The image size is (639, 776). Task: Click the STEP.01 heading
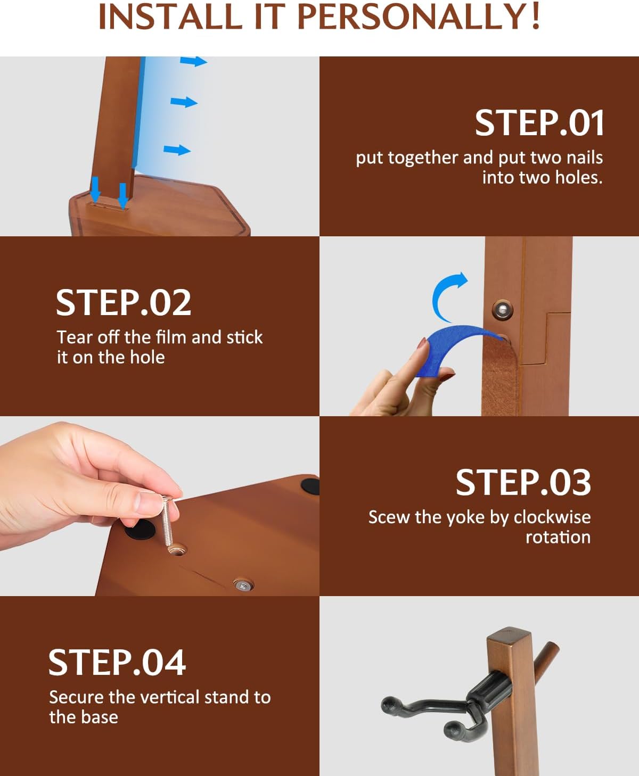click(x=539, y=123)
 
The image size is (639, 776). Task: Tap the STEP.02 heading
click(x=124, y=302)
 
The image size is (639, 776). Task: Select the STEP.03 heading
click(x=523, y=482)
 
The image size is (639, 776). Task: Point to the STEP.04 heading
click(x=117, y=662)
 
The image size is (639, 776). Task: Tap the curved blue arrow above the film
click(x=447, y=296)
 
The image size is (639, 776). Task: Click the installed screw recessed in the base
click(x=243, y=585)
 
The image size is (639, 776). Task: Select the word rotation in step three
click(x=558, y=538)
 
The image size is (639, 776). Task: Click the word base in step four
click(x=100, y=717)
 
